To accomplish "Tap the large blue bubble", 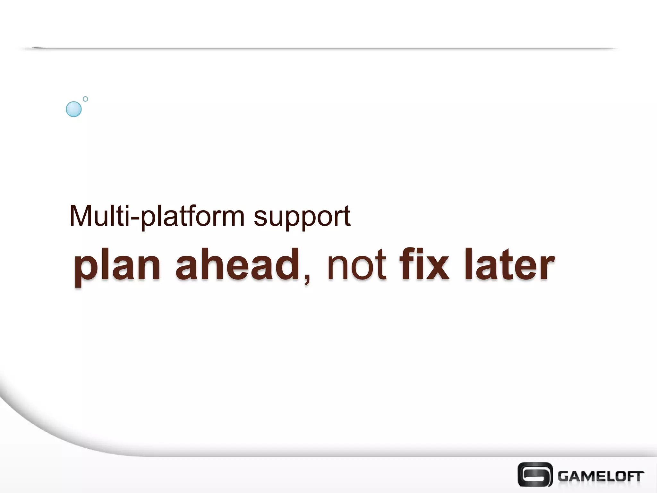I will tap(73, 109).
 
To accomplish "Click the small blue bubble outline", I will tap(85, 99).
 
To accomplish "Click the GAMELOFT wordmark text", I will tap(601, 476).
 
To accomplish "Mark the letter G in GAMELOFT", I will tap(564, 476).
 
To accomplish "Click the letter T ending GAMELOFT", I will tap(638, 476).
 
